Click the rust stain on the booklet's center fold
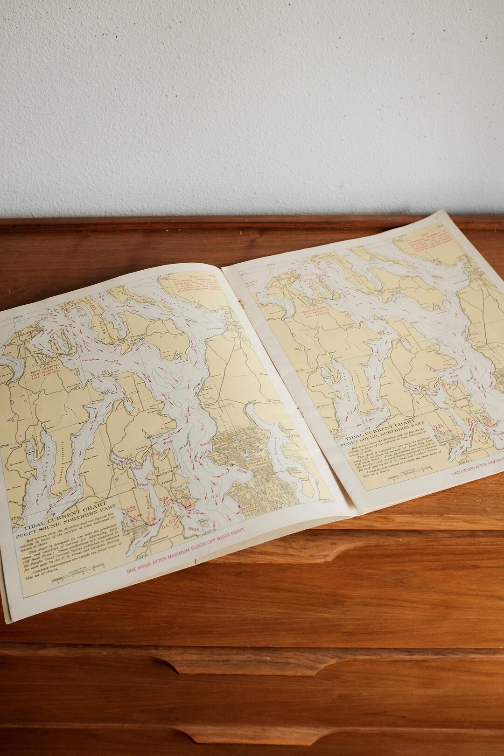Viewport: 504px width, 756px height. click(x=241, y=303)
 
